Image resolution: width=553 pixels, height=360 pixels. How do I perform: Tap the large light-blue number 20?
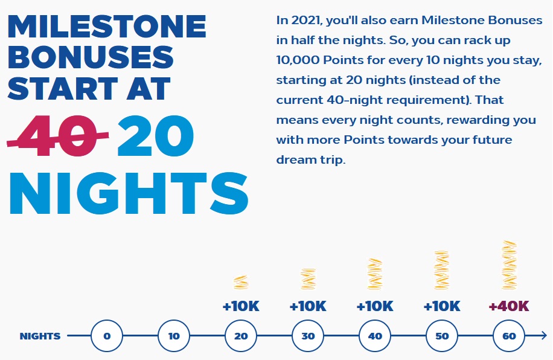point(155,136)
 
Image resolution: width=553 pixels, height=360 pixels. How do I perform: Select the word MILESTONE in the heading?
point(107,26)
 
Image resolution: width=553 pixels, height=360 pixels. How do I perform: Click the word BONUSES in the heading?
point(91,57)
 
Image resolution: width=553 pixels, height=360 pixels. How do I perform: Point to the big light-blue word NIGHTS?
point(129,193)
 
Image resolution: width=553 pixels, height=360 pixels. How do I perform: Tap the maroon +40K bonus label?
point(509,306)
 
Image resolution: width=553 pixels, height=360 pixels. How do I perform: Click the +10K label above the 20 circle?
point(241,306)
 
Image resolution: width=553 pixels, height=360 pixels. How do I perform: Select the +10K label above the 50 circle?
point(442,306)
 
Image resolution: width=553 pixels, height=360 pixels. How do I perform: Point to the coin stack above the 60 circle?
point(509,265)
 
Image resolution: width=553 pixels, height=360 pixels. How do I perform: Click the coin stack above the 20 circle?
point(241,282)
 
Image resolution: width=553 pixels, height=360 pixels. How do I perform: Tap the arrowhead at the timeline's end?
point(543,336)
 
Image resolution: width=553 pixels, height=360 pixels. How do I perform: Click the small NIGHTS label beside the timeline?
point(40,336)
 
